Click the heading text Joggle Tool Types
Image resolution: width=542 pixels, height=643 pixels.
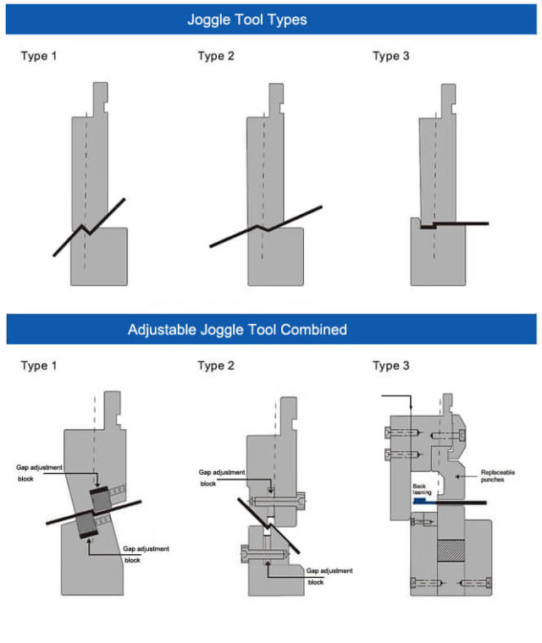[x=246, y=19]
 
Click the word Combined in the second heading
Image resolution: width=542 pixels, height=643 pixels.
[x=315, y=329]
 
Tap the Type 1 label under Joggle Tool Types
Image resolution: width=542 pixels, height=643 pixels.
[x=39, y=57]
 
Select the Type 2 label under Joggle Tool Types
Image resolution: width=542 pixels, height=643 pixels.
[x=216, y=57]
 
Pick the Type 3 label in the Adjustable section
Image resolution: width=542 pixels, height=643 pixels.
[x=390, y=365]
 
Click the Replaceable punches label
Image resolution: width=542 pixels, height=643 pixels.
[x=497, y=476]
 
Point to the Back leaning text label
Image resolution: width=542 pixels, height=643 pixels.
[x=424, y=490]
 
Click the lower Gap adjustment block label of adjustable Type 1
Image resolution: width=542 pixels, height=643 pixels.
[x=145, y=554]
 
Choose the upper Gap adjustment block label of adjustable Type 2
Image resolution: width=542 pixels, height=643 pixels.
[x=221, y=478]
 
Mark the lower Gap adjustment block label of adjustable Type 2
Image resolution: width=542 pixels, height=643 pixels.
[x=329, y=576]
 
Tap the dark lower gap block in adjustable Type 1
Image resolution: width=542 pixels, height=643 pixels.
[x=86, y=527]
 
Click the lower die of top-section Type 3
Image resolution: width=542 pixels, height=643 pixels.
[x=439, y=258]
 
